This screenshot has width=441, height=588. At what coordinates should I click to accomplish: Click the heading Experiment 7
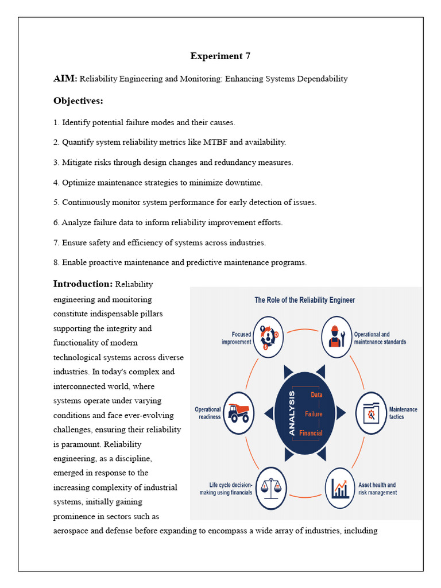pyautogui.click(x=220, y=56)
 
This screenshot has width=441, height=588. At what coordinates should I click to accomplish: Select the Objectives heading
pyautogui.click(x=78, y=101)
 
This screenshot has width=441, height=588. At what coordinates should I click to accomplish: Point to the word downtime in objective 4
pyautogui.click(x=246, y=183)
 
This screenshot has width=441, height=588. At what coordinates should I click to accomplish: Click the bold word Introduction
pyautogui.click(x=83, y=284)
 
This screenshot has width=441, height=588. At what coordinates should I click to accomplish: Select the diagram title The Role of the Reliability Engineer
pyautogui.click(x=305, y=300)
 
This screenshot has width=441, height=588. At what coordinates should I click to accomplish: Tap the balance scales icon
pyautogui.click(x=270, y=488)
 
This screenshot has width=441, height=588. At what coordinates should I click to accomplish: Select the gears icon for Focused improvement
pyautogui.click(x=268, y=338)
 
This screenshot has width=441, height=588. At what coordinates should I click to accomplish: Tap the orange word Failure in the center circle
pyautogui.click(x=314, y=413)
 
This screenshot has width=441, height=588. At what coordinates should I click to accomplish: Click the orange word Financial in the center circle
pyautogui.click(x=311, y=433)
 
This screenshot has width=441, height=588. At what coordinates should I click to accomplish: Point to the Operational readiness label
pyautogui.click(x=208, y=413)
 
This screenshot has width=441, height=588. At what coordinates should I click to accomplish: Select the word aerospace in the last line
pyautogui.click(x=71, y=531)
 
